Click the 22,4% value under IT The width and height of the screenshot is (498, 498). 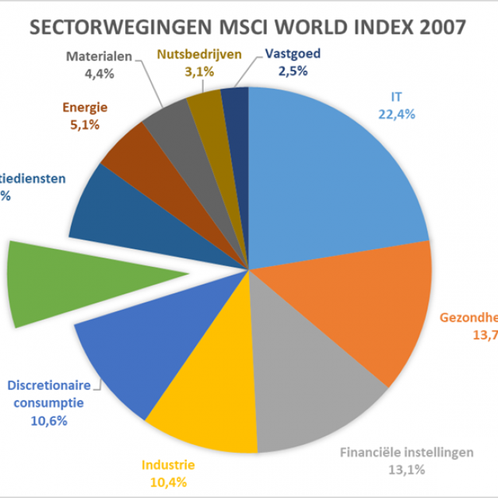pos(397,114)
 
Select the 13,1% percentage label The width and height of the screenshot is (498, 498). pos(402,468)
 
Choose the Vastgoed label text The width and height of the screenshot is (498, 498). pos(293,54)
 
